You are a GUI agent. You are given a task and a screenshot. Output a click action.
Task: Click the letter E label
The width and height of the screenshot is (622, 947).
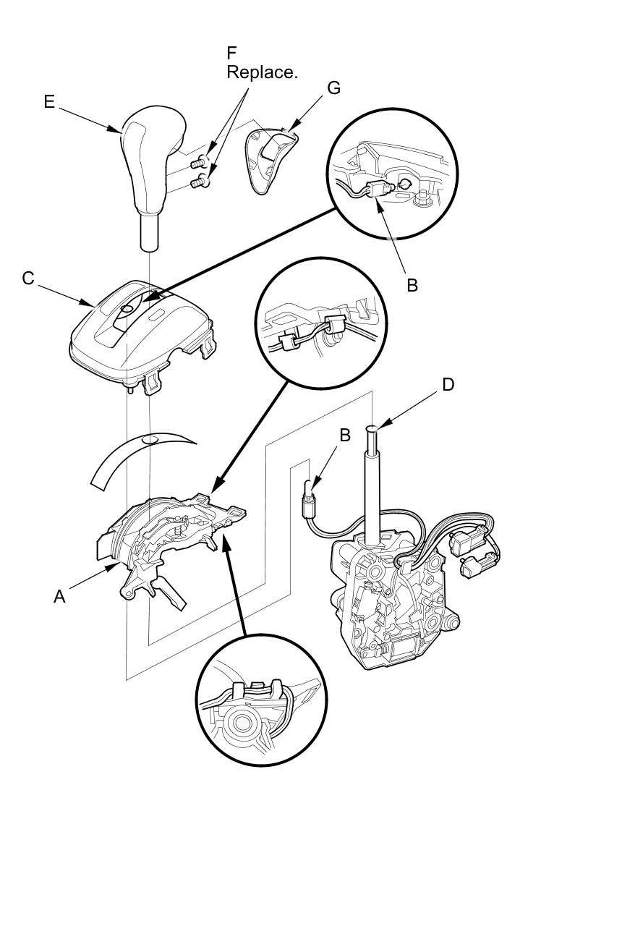tap(49, 102)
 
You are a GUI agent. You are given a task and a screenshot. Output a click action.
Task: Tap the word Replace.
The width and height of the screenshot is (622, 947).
tap(262, 72)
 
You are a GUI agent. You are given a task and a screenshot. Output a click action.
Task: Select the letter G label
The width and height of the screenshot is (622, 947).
tap(333, 88)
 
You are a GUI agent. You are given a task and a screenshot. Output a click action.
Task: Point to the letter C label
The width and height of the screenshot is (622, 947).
tap(28, 279)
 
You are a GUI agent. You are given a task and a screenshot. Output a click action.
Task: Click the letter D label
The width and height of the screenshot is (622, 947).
tap(448, 384)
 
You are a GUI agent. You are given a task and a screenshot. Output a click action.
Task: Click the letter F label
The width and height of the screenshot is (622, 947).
tap(231, 54)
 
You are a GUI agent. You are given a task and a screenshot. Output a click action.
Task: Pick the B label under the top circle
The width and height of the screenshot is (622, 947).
tap(412, 285)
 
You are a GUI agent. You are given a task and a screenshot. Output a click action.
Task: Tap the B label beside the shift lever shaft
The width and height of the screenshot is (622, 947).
tap(345, 435)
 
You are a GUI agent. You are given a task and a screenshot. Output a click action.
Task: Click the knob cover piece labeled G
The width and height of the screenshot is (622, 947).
tap(271, 159)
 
